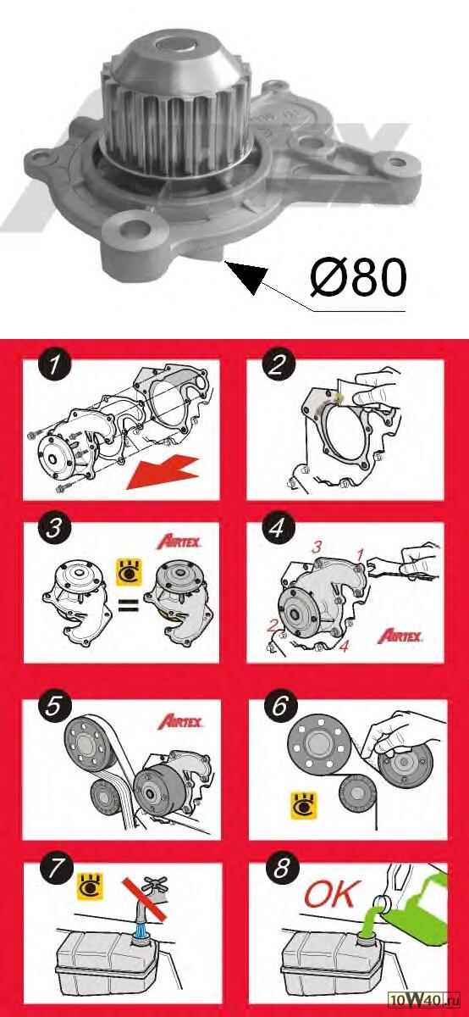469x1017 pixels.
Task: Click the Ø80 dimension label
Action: pyautogui.click(x=358, y=278)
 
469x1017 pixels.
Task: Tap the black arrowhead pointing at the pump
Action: pyautogui.click(x=248, y=275)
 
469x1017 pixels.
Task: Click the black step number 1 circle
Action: pyautogui.click(x=54, y=365)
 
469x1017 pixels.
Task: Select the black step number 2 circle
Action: pyautogui.click(x=278, y=365)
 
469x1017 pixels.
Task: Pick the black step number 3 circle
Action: pyautogui.click(x=54, y=529)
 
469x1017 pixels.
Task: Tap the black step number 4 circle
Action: pyautogui.click(x=278, y=529)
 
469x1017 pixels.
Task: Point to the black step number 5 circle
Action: pyautogui.click(x=54, y=706)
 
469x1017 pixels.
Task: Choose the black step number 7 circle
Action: pyautogui.click(x=56, y=869)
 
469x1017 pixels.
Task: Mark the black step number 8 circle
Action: pyautogui.click(x=281, y=869)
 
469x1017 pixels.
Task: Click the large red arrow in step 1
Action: pyautogui.click(x=163, y=474)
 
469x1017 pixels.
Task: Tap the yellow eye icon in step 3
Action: pyautogui.click(x=130, y=572)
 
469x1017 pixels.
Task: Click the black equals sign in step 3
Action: pyautogui.click(x=130, y=605)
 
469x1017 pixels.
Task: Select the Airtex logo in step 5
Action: pyautogui.click(x=180, y=721)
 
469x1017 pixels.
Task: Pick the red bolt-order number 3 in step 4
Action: pyautogui.click(x=317, y=547)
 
